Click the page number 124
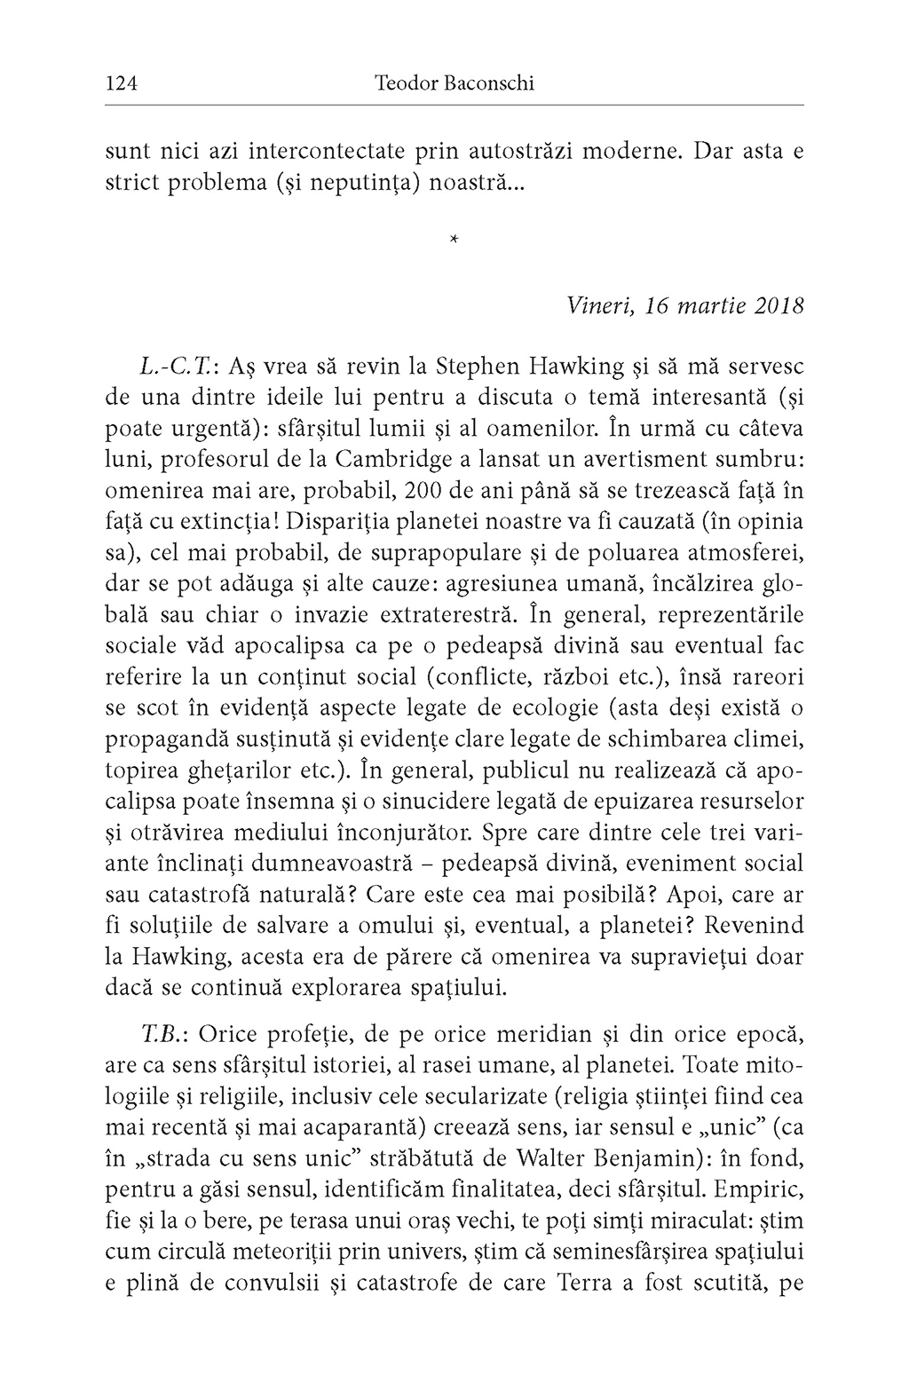[x=121, y=84]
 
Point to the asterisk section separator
[x=454, y=239]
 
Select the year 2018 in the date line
[x=779, y=306]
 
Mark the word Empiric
[x=764, y=1189]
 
